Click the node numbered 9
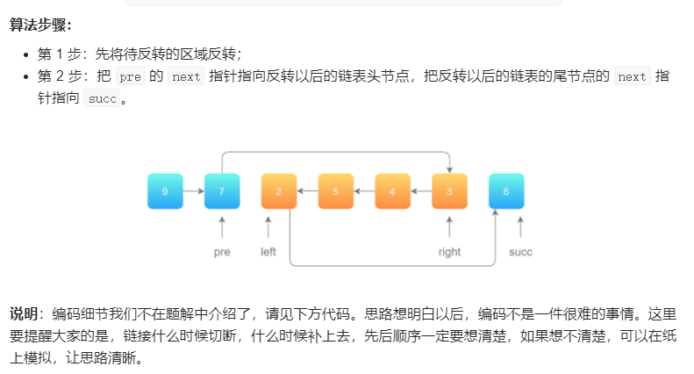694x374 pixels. coord(165,191)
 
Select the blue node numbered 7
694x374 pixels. coord(222,191)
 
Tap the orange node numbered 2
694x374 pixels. coord(279,191)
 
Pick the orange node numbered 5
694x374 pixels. coord(335,191)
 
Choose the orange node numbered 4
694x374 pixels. coord(392,191)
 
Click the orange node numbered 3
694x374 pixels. coord(449,191)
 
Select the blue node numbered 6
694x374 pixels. coord(506,191)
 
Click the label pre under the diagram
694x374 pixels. coord(222,252)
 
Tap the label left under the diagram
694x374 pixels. coord(268,252)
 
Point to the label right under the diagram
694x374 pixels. coord(449,252)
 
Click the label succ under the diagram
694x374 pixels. coord(520,252)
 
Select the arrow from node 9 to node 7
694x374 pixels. coord(193,191)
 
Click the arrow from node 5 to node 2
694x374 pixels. coord(307,191)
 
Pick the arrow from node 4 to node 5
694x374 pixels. coord(364,191)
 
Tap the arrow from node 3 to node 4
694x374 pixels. coord(421,191)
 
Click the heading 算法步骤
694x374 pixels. coord(40,25)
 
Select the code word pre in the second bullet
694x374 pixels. coord(130,77)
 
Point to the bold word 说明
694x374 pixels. coord(23,314)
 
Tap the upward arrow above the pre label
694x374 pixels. coord(222,227)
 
